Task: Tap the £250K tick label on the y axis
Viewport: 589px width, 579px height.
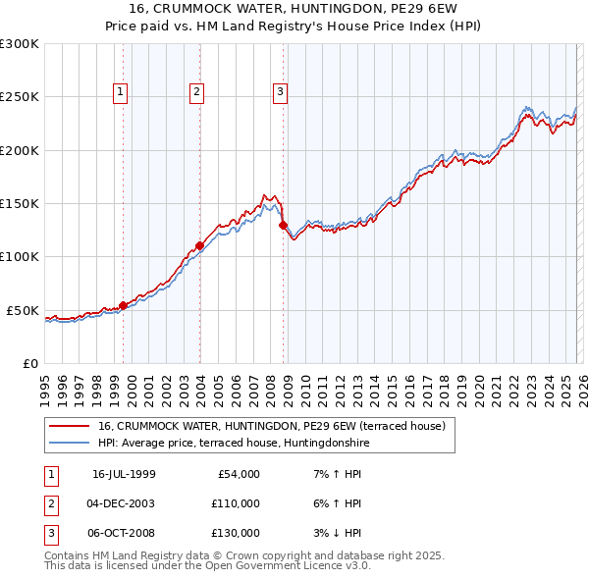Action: tap(20, 97)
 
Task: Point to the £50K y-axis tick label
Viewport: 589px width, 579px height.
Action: tap(23, 310)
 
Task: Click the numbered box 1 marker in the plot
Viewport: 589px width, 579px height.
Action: tap(120, 92)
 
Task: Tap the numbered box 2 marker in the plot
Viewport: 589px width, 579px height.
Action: tap(196, 92)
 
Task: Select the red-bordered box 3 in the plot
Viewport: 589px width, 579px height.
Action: tap(280, 92)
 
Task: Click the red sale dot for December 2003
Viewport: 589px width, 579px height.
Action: tap(199, 245)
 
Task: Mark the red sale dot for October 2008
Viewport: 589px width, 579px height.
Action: tap(284, 225)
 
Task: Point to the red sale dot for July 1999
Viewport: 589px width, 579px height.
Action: tap(124, 305)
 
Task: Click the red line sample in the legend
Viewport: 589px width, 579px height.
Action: tap(69, 426)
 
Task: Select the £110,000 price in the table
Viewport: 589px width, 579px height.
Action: tap(236, 503)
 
